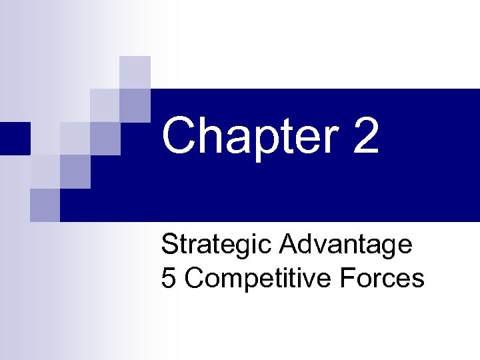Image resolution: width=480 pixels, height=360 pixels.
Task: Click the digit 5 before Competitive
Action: [169, 278]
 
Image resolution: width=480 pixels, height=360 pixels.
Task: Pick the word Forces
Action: [381, 278]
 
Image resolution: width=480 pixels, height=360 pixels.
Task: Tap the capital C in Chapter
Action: [179, 135]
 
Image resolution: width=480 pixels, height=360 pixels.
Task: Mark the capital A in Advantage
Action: [288, 245]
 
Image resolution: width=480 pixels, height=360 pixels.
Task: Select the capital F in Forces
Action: [346, 278]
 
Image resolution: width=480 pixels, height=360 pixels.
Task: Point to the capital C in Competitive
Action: [194, 278]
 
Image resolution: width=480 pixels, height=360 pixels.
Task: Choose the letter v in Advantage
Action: [317, 247]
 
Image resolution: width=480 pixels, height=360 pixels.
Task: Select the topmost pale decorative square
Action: [135, 71]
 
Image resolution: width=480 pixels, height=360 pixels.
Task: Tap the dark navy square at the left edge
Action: [15, 138]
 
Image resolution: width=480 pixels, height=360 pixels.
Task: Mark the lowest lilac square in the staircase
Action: [45, 205]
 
